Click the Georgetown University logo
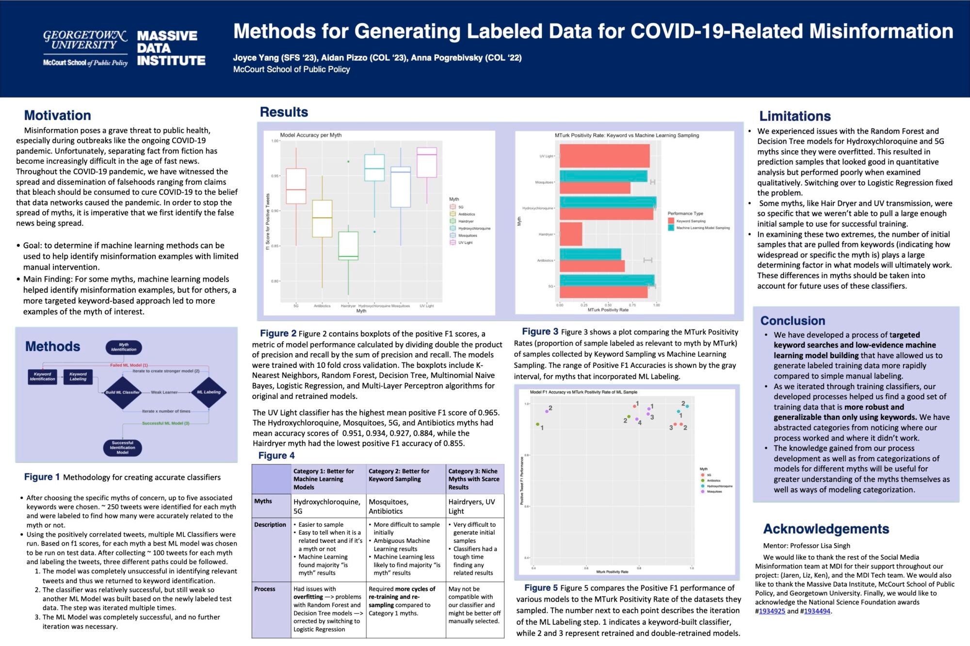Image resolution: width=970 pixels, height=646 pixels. pyautogui.click(x=85, y=47)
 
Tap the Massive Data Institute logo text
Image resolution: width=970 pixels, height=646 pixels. pyautogui.click(x=171, y=48)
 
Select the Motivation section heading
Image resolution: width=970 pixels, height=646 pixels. pyautogui.click(x=58, y=115)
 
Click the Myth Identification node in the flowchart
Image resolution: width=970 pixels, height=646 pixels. pyautogui.click(x=124, y=347)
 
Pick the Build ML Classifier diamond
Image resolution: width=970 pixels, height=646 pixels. pyautogui.click(x=123, y=392)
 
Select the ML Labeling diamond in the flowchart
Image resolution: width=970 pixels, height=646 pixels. pyautogui.click(x=209, y=392)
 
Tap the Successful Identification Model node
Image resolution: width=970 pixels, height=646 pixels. pyautogui.click(x=123, y=447)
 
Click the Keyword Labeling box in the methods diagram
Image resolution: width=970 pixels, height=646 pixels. pyautogui.click(x=78, y=377)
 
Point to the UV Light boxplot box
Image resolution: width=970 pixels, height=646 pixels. pyautogui.click(x=427, y=162)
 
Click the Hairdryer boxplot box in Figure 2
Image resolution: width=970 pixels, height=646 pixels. pyautogui.click(x=348, y=246)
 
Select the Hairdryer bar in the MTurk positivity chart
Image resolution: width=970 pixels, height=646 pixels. pyautogui.click(x=571, y=234)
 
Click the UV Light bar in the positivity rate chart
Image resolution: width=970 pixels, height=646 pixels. pyautogui.click(x=604, y=156)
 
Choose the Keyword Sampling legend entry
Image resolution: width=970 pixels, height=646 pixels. pyautogui.click(x=691, y=221)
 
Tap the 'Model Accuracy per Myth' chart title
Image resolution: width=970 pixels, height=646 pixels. pyautogui.click(x=311, y=135)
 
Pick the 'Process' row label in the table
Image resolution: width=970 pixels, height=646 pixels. pyautogui.click(x=264, y=589)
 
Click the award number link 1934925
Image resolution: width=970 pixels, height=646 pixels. pyautogui.click(x=772, y=611)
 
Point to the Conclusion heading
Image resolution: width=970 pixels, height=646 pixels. pyautogui.click(x=792, y=321)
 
